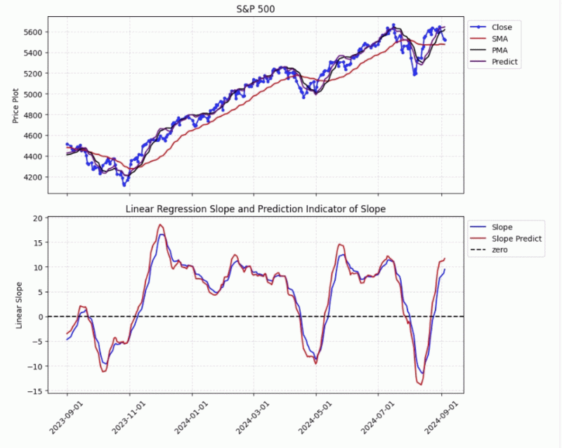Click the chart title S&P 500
(x=255, y=8)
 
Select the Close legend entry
(x=502, y=27)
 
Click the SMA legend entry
(x=500, y=39)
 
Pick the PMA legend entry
(x=500, y=51)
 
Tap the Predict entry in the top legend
(x=504, y=62)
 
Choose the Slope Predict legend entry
(x=516, y=239)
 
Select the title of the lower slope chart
(x=255, y=209)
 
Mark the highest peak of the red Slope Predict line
(x=161, y=225)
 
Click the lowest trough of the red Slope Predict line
(x=421, y=384)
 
